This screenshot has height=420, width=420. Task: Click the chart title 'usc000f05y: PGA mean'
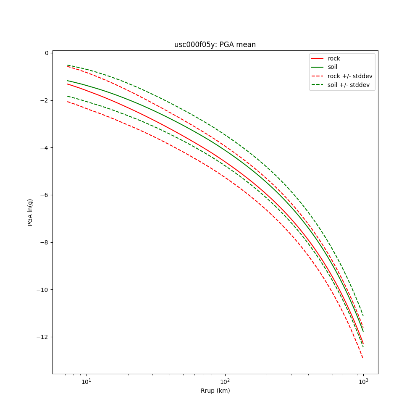pos(215,45)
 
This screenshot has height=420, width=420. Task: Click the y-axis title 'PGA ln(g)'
pos(30,213)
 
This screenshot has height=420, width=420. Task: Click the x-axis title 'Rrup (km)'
pos(215,391)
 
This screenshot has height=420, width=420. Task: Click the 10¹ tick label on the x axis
pos(86,381)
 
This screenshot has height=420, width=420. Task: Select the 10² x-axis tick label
pos(225,381)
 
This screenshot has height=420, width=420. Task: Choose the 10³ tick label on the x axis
pos(363,381)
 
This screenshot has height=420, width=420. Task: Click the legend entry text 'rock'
pos(334,58)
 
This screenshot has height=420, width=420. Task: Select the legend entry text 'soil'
pos(333,67)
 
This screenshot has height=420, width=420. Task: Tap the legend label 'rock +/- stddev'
pos(350,76)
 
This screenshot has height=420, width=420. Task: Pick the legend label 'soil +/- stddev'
pos(350,85)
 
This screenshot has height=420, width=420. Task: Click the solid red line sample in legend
pos(318,58)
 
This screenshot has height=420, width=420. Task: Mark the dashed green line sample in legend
pos(318,85)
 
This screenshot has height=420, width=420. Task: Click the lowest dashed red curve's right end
pos(363,358)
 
